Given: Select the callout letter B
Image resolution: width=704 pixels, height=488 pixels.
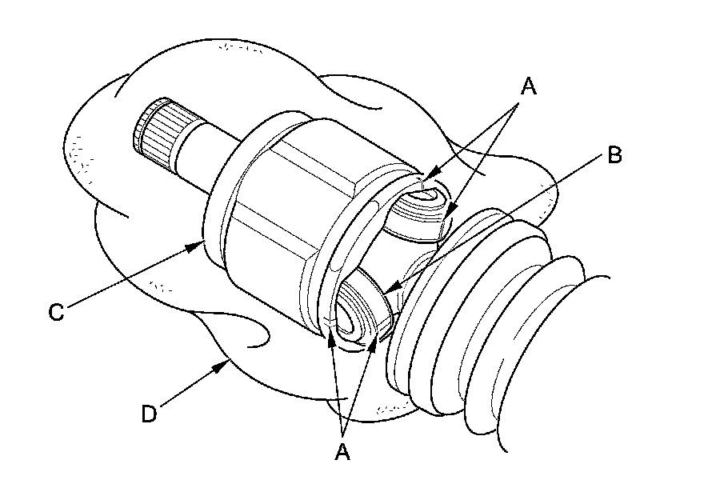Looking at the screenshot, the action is pyautogui.click(x=614, y=154).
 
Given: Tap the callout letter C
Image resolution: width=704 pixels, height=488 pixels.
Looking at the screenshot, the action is pyautogui.click(x=55, y=312).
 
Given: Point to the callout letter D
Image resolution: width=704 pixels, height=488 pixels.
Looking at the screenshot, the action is pyautogui.click(x=150, y=414).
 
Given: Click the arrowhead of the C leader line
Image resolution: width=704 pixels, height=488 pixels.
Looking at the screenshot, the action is pyautogui.click(x=198, y=245).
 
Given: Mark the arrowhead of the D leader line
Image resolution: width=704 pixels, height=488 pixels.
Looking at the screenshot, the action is pyautogui.click(x=226, y=365).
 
